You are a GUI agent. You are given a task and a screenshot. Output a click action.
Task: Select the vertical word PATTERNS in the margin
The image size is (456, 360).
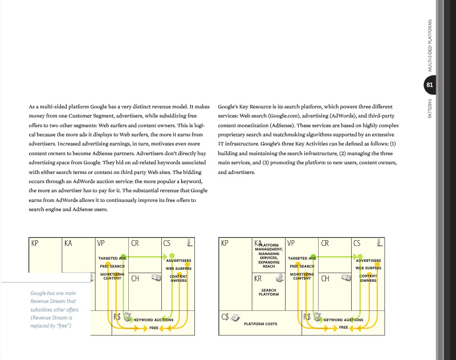(430, 108)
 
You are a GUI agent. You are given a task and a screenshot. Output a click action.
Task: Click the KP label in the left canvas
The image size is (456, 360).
(35, 243)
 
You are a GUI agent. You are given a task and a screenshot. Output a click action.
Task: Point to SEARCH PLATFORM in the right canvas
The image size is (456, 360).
(269, 292)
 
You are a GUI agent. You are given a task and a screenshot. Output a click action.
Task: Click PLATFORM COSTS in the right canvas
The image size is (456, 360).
(260, 324)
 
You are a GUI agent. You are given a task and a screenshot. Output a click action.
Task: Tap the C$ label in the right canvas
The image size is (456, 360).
(226, 316)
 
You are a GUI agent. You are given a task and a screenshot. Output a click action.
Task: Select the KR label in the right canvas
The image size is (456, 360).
(258, 279)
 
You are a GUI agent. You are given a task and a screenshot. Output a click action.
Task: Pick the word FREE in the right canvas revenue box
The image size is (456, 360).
(343, 327)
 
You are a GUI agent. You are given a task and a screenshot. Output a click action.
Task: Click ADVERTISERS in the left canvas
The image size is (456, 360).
(178, 261)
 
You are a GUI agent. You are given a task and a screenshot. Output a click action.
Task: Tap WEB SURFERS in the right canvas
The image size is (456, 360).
(368, 268)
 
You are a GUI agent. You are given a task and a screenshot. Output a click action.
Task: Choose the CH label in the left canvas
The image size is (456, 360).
(136, 279)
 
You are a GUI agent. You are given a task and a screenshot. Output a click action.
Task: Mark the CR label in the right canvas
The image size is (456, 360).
(325, 243)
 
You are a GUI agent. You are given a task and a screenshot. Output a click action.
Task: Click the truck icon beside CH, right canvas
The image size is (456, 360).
(345, 278)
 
